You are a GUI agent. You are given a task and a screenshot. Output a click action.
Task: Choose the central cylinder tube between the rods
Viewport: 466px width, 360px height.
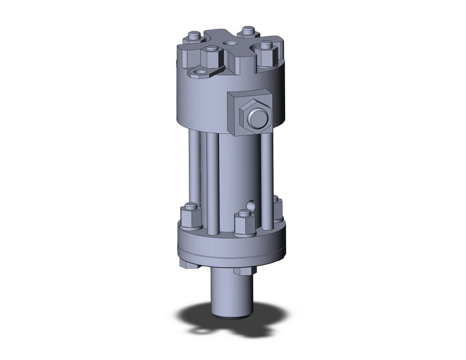tap(239, 172)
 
